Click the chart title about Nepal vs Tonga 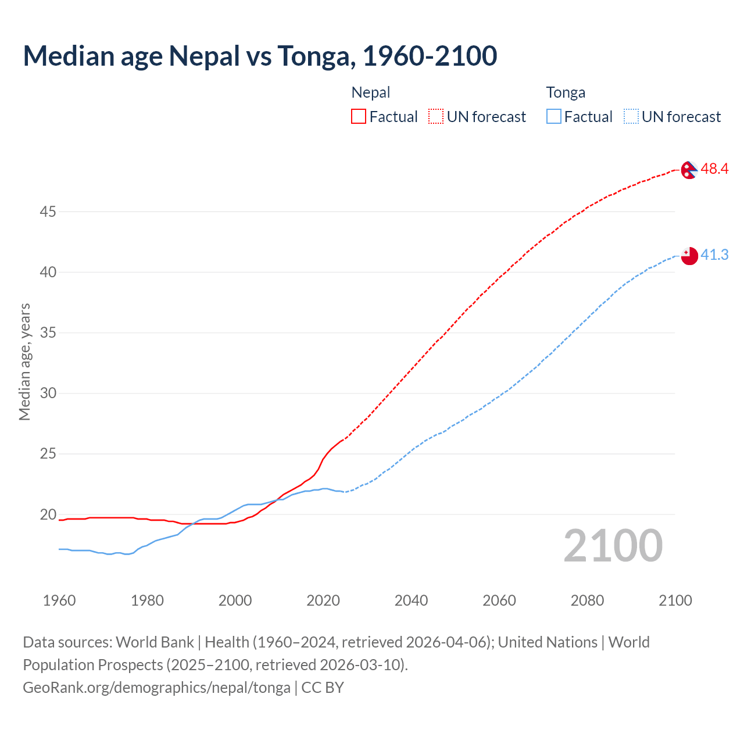click(x=260, y=56)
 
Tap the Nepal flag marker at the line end click(x=689, y=170)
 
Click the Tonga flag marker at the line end click(x=689, y=256)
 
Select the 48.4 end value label click(x=714, y=169)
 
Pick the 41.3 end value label click(x=714, y=255)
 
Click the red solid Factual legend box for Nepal click(x=359, y=117)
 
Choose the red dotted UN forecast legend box click(x=436, y=117)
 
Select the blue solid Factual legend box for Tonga click(x=553, y=117)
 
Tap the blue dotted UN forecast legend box click(x=631, y=117)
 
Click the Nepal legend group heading click(x=371, y=92)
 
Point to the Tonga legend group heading click(x=566, y=92)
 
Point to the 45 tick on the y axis click(x=48, y=212)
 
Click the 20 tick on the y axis click(x=48, y=514)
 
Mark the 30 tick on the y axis click(x=48, y=394)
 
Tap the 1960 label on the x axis click(x=59, y=600)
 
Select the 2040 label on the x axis click(x=411, y=600)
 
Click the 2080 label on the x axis click(x=587, y=600)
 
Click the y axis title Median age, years click(x=24, y=362)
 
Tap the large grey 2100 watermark click(x=613, y=546)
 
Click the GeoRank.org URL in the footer click(x=156, y=688)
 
